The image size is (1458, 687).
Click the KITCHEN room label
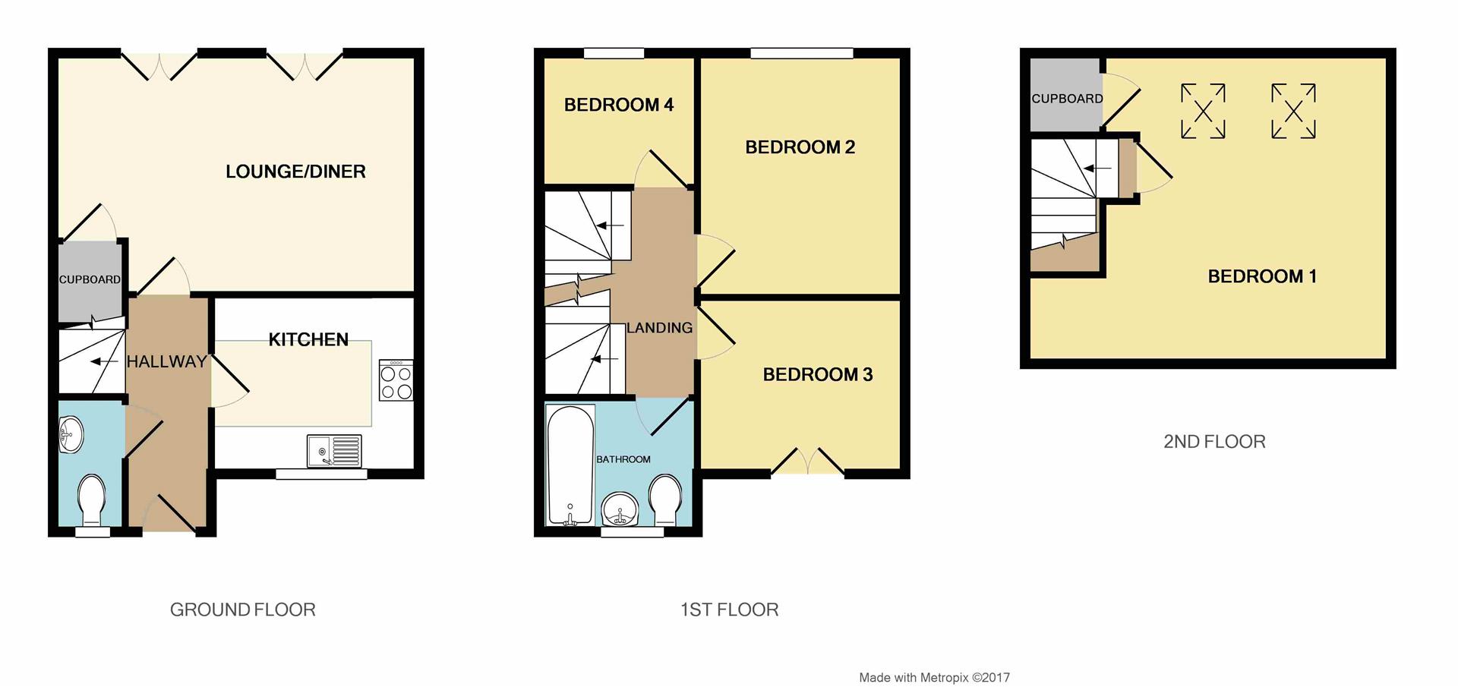pyautogui.click(x=308, y=339)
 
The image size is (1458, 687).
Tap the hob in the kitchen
pyautogui.click(x=396, y=380)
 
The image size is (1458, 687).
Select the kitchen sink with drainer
pyautogui.click(x=334, y=451)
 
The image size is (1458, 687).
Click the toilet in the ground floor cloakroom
pyautogui.click(x=92, y=499)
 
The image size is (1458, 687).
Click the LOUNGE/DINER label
pyautogui.click(x=295, y=172)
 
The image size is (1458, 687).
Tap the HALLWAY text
pyautogui.click(x=166, y=361)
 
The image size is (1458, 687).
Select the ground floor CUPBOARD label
pyautogui.click(x=90, y=279)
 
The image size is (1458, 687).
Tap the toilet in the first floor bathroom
pyautogui.click(x=666, y=499)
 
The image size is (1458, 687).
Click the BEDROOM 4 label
pyautogui.click(x=619, y=105)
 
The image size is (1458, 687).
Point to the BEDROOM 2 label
pyautogui.click(x=800, y=147)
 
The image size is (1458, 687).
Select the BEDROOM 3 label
pyautogui.click(x=817, y=374)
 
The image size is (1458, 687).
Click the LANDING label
pyautogui.click(x=659, y=328)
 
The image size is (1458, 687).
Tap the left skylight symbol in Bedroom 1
pyautogui.click(x=1203, y=112)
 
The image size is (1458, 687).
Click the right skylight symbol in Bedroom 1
pyautogui.click(x=1293, y=112)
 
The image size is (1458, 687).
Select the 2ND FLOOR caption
pyautogui.click(x=1214, y=442)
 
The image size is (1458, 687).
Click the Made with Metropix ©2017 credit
pyautogui.click(x=934, y=677)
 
